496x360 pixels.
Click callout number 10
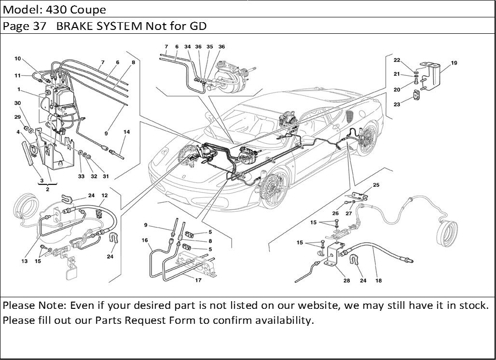18,59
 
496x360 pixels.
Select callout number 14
126,132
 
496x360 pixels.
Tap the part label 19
454,63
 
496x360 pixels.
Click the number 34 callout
187,47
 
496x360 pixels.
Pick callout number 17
198,280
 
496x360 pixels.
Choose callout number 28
346,280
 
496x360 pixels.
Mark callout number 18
378,280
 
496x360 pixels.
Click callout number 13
24,261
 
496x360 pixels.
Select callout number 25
376,185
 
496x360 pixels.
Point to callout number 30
18,103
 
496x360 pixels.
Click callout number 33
82,176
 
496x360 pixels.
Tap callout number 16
144,240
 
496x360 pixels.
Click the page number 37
39,26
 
